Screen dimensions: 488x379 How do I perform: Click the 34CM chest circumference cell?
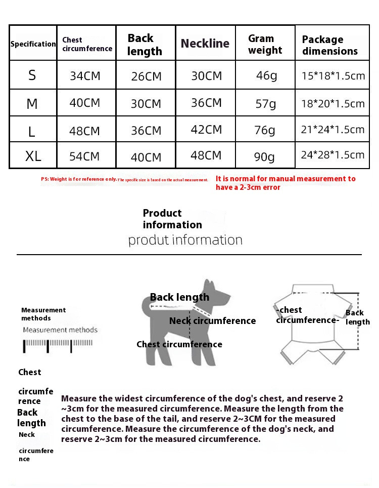(85, 76)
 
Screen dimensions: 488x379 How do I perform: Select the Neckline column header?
(205, 44)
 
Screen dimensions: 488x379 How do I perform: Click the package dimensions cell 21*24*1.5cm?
(333, 130)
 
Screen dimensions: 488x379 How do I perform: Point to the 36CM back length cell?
(146, 130)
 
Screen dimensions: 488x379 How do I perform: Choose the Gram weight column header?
(265, 44)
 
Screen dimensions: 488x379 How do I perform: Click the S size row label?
(32, 75)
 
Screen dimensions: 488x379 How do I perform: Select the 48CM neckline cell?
(206, 155)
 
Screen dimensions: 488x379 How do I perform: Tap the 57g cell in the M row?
(266, 104)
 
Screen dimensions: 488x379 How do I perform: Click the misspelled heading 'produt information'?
(185, 239)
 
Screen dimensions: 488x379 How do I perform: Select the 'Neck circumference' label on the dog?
(212, 321)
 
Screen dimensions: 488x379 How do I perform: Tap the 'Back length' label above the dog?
(179, 297)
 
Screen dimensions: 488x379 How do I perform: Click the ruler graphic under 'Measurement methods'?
(57, 346)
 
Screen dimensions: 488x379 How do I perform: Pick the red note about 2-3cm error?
(286, 183)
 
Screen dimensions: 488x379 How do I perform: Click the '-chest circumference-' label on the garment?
(307, 315)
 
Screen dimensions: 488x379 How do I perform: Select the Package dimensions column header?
(330, 45)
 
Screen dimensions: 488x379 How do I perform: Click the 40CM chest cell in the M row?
(85, 103)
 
